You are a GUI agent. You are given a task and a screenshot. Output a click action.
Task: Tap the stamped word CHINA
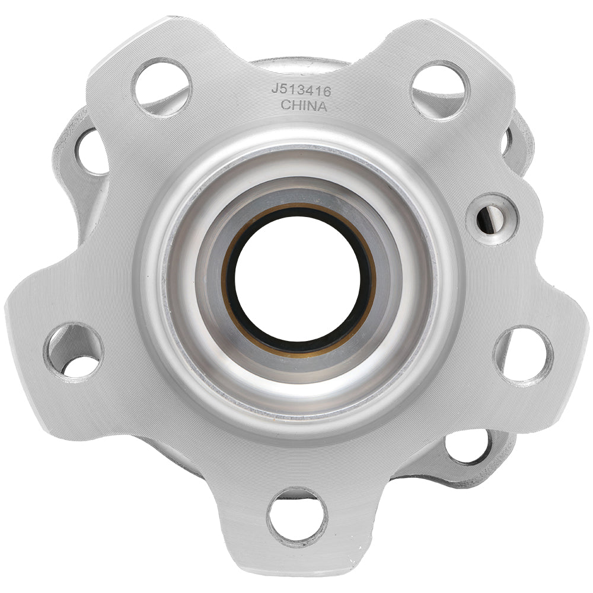pos(304,106)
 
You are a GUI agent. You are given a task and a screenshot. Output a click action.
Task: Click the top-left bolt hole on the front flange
pos(161,87)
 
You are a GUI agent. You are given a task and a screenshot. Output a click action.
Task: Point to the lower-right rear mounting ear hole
pos(468,446)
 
